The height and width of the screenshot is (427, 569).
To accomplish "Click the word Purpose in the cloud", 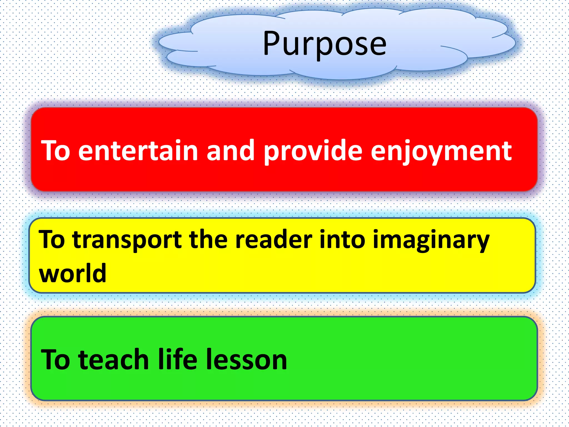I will (325, 44).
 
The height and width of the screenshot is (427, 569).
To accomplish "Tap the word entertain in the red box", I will (138, 151).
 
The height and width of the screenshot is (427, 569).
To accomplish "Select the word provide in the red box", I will (313, 151).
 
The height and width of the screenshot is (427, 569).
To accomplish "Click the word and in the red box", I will (230, 151).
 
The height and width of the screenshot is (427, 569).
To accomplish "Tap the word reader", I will (274, 240).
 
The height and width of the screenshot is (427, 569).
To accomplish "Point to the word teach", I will (114, 360).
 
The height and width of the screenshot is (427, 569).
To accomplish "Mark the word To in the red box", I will (56, 151).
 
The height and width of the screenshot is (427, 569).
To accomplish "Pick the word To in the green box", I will (56, 360).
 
